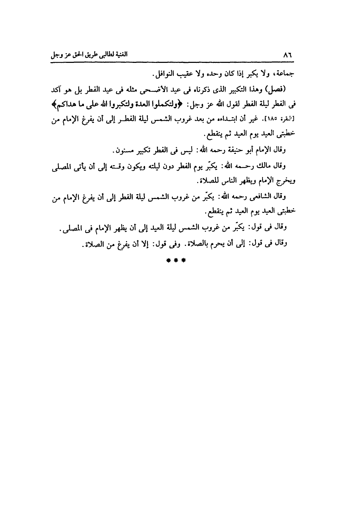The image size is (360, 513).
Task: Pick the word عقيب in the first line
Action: pyautogui.click(x=188, y=74)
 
